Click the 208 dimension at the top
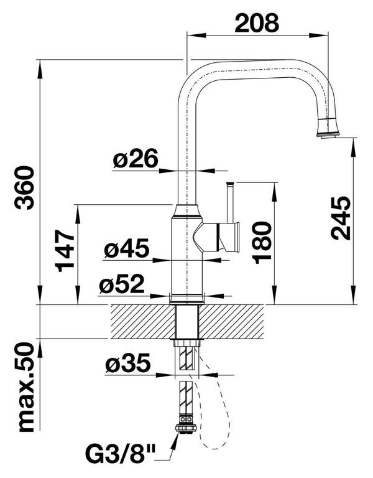tap(257, 22)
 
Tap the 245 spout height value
tap(341, 218)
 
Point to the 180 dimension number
tap(262, 242)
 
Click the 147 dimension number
tap(65, 251)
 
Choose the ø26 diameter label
tap(136, 158)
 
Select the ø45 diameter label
tap(126, 248)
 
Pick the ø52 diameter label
tap(121, 284)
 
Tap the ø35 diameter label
tap(128, 363)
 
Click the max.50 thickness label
tap(27, 387)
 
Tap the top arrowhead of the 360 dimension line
tap(40, 69)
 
